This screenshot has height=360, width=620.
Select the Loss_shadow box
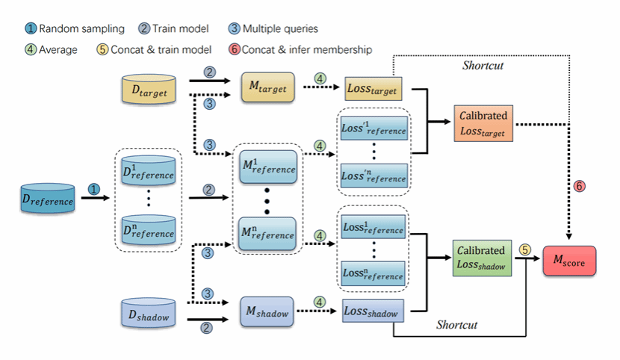click(372, 311)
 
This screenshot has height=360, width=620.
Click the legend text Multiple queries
click(285, 29)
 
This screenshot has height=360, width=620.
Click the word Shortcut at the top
click(482, 66)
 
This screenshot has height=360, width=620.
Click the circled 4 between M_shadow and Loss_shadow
click(320, 302)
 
